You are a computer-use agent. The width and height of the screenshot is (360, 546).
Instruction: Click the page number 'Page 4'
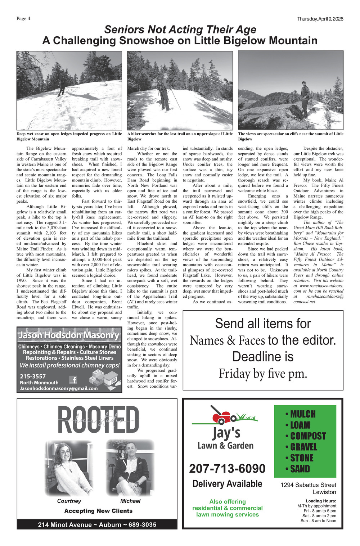pos(23,19)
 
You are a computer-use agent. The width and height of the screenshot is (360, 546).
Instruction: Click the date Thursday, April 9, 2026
pos(320,19)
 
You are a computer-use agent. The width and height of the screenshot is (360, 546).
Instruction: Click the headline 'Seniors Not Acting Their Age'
pos(180,30)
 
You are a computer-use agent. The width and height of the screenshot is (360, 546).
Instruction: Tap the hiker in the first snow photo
pos(62,86)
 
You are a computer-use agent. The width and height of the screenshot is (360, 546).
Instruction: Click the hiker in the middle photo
pos(164,92)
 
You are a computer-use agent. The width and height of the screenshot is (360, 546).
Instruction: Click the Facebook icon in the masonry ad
pos(73,379)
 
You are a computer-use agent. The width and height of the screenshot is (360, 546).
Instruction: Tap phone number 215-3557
pos(33,376)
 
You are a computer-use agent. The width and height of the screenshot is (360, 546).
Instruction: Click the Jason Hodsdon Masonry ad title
pos(69,335)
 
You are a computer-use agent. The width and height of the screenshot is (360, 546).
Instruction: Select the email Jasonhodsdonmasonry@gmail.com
pos(59,388)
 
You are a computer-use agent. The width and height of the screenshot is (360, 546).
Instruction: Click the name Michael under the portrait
pos(130,501)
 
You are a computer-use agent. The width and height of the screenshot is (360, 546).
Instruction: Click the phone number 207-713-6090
pos(227,469)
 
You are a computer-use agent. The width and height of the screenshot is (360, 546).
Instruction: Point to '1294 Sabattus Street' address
pos(308,485)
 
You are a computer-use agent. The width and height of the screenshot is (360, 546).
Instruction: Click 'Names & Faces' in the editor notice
pos(227,340)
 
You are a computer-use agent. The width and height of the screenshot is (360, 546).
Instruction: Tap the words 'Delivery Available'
pos(227,484)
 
